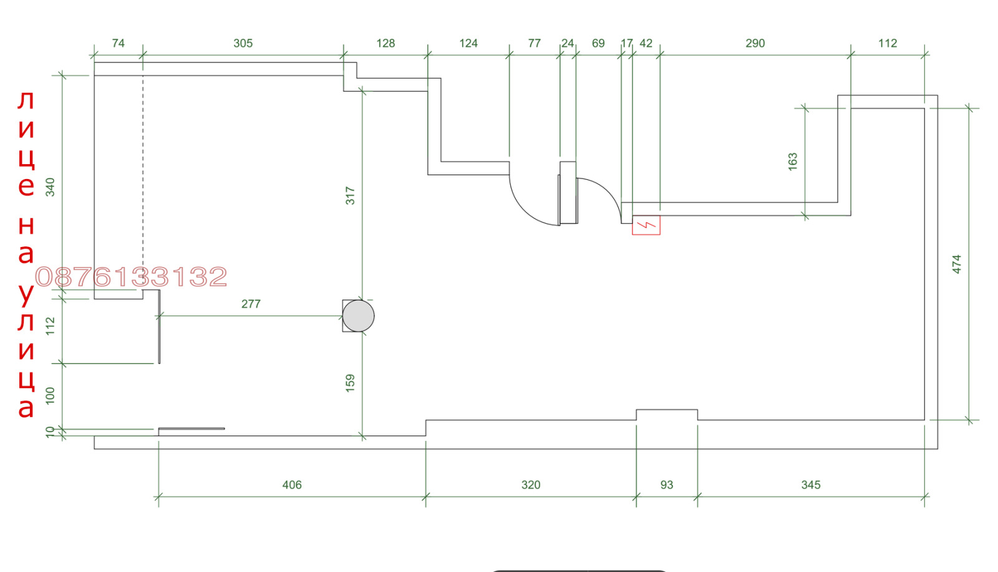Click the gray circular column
(x=358, y=316)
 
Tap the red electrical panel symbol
(x=646, y=225)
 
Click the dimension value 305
(x=243, y=43)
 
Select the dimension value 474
(x=957, y=264)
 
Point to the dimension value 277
(x=251, y=304)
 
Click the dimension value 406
(x=292, y=485)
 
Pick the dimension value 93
(x=667, y=485)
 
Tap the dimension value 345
(x=810, y=485)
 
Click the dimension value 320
(x=531, y=485)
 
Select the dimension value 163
(x=793, y=162)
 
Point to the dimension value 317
(x=350, y=196)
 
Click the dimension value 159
(x=350, y=383)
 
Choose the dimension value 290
(x=755, y=43)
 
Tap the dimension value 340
(x=51, y=187)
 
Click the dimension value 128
(x=385, y=43)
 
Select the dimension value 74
(x=118, y=43)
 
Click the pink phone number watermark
(x=132, y=277)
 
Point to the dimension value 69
(x=598, y=43)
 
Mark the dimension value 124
(x=468, y=43)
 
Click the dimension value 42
(x=646, y=43)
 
